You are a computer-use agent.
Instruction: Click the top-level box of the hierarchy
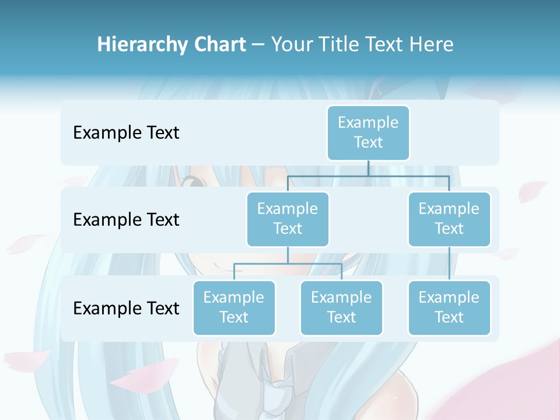coord(368,132)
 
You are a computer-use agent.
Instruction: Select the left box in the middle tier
coord(288,219)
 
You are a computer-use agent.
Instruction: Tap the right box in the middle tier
coord(449,219)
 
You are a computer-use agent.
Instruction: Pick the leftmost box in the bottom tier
coord(234,307)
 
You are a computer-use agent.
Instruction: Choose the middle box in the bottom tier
coord(341,307)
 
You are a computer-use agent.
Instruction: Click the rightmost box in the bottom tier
coord(449,307)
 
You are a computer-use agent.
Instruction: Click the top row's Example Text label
coord(126,133)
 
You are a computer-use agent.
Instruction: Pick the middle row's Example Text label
coord(126,220)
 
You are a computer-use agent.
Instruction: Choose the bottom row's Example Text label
coord(126,308)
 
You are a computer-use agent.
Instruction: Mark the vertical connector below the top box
coord(368,168)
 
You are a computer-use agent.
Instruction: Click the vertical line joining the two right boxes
coord(449,264)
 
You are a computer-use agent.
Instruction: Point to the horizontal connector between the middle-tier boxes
coord(368,176)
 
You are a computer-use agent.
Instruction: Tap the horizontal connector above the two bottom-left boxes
coord(288,264)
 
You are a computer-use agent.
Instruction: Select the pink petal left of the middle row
coord(26,243)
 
